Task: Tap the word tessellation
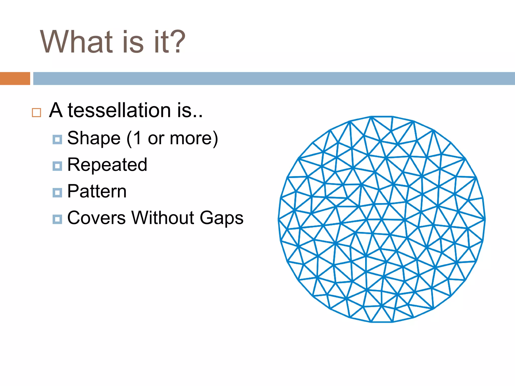(119, 111)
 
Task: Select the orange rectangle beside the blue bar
(15, 78)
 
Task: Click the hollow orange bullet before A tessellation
(36, 113)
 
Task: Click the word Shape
(94, 138)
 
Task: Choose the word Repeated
(107, 165)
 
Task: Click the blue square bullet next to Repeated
(57, 166)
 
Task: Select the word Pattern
(97, 191)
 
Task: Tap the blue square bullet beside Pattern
(57, 193)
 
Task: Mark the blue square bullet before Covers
(57, 219)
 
